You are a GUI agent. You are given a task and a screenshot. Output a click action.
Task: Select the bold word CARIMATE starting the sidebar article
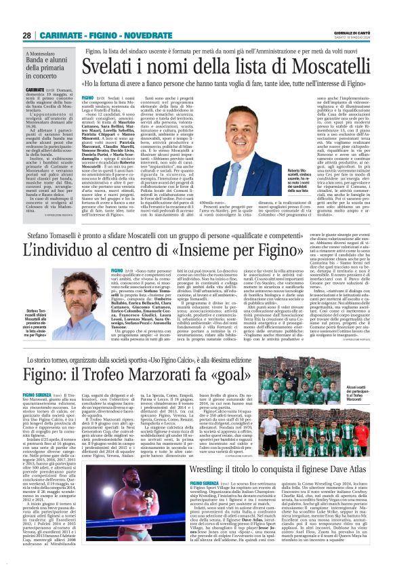(x=35, y=108)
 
